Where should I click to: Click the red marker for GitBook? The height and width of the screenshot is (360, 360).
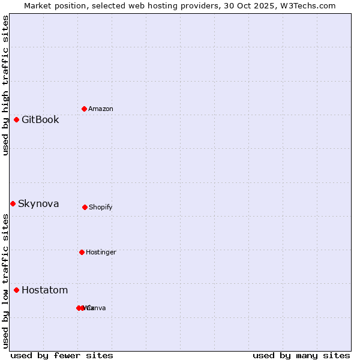16,119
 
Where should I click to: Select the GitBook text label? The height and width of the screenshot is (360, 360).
40,119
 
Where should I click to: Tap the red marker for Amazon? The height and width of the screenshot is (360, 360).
84,109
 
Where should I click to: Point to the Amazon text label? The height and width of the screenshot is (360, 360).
101,109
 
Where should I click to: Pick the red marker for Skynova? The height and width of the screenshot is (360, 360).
13,203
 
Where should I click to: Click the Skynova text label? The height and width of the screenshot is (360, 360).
38,203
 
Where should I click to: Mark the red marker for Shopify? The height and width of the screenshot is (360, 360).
85,207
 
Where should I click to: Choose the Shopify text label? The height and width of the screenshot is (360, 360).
101,207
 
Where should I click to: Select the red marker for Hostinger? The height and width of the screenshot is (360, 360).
82,252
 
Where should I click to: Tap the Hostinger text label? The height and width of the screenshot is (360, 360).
101,252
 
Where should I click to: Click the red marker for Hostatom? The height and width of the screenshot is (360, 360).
16,290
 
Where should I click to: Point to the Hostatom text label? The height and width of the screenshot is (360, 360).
44,290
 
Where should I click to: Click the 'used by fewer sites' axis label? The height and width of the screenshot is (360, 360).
61,355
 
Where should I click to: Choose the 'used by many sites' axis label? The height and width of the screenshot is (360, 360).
301,355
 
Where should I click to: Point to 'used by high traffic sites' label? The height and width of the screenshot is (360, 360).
5,85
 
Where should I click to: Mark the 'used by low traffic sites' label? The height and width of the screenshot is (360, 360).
5,281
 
